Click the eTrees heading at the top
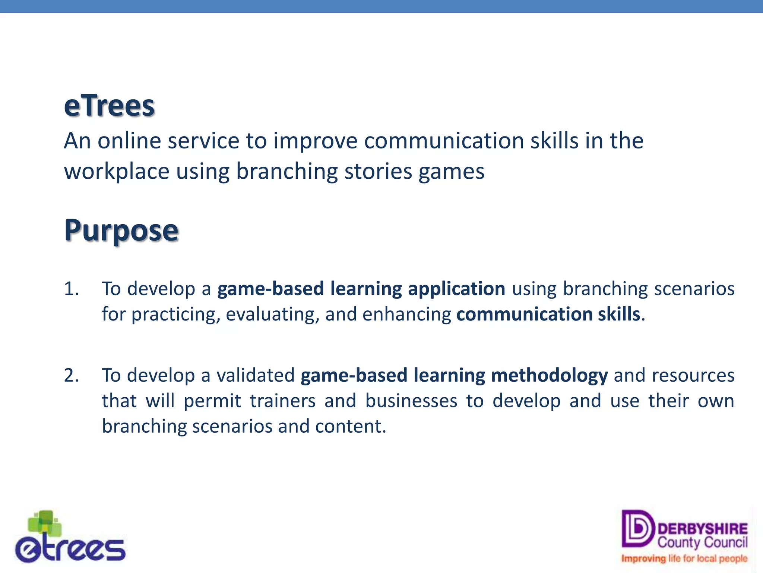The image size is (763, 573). point(109,106)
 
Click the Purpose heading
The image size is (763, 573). point(121,231)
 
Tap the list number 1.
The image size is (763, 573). point(71,289)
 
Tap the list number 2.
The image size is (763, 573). point(71,375)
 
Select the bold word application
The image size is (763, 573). point(456,289)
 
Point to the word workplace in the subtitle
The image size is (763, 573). point(117,172)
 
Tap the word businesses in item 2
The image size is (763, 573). point(411,401)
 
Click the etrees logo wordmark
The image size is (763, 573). point(71,549)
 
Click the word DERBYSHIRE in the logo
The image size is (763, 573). point(703,529)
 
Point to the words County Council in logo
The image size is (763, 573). point(702,542)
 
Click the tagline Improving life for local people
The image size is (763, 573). point(684,558)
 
